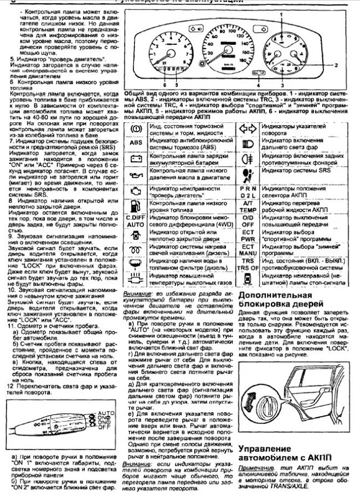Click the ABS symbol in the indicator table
coord(133,143)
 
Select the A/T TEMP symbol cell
coord(248,206)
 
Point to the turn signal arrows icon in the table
coord(248,130)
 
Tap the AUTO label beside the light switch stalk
coord(106,413)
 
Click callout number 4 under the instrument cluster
coord(258,86)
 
